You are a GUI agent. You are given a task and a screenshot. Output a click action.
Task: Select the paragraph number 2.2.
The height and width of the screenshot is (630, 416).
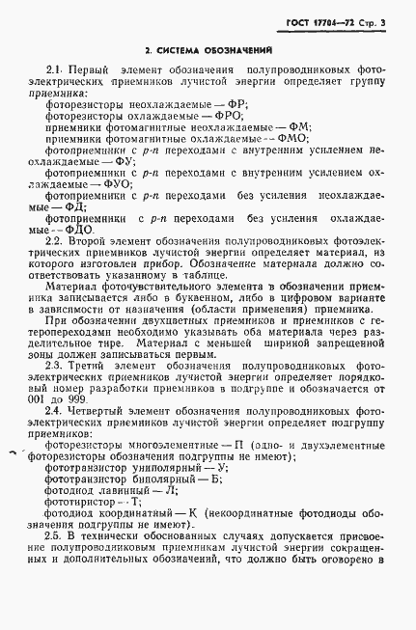coord(54,238)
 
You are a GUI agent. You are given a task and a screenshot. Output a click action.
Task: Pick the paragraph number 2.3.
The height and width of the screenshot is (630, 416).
coord(54,367)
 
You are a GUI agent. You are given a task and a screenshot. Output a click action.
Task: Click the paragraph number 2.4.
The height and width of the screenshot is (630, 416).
coord(54,412)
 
